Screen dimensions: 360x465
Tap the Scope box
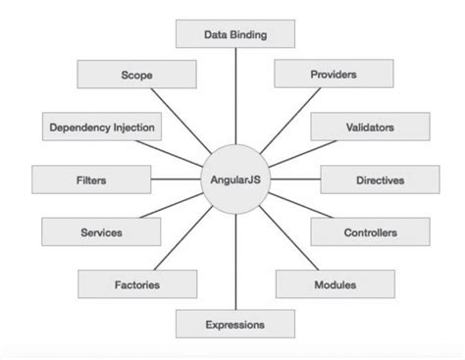click(129, 74)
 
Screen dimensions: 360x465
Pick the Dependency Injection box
click(101, 127)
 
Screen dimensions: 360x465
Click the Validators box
click(371, 127)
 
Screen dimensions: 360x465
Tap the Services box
click(101, 232)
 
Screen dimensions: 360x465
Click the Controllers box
click(369, 232)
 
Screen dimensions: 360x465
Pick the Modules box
click(335, 284)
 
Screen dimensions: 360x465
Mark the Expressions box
click(234, 323)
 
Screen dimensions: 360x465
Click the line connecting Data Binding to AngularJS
click(234, 98)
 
